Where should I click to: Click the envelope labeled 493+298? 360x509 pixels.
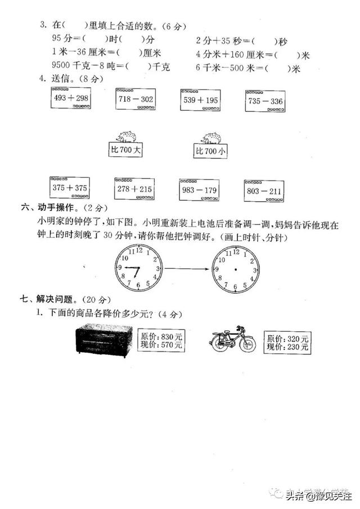coord(71,100)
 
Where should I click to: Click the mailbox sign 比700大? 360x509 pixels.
coord(125,151)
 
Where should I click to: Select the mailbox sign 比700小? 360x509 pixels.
coord(211,151)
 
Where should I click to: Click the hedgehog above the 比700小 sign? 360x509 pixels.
coord(211,138)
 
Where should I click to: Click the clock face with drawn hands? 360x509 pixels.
coord(139,268)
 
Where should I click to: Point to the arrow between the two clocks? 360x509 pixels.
coord(187,269)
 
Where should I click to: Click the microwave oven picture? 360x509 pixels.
coord(105,340)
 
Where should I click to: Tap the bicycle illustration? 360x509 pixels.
coord(232,339)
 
